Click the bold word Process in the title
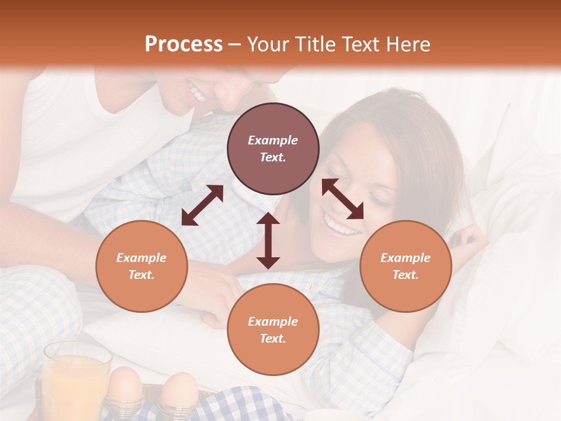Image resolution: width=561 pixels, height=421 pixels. point(183,44)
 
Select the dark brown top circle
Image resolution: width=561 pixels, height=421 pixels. point(273,149)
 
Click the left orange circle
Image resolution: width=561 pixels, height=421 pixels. point(141,266)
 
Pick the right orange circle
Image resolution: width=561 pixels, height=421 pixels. point(406,266)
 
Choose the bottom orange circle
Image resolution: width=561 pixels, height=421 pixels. point(273,329)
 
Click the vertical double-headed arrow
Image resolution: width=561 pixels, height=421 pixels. point(268,240)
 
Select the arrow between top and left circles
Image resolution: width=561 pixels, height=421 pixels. point(202,205)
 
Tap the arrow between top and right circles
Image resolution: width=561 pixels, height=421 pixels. point(343,199)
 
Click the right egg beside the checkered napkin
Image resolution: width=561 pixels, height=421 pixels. point(179,388)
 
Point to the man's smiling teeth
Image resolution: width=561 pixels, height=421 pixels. point(198,92)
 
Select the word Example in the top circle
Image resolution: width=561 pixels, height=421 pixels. point(273,140)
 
